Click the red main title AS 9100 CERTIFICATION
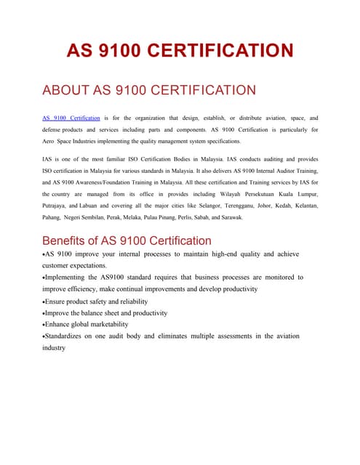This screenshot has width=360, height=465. (180, 51)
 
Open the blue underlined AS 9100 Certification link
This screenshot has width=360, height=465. (71, 118)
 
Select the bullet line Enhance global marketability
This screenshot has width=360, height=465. (87, 324)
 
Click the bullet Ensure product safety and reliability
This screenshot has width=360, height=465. (96, 301)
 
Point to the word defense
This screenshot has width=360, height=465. (54, 129)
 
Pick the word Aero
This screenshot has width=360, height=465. (49, 141)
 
